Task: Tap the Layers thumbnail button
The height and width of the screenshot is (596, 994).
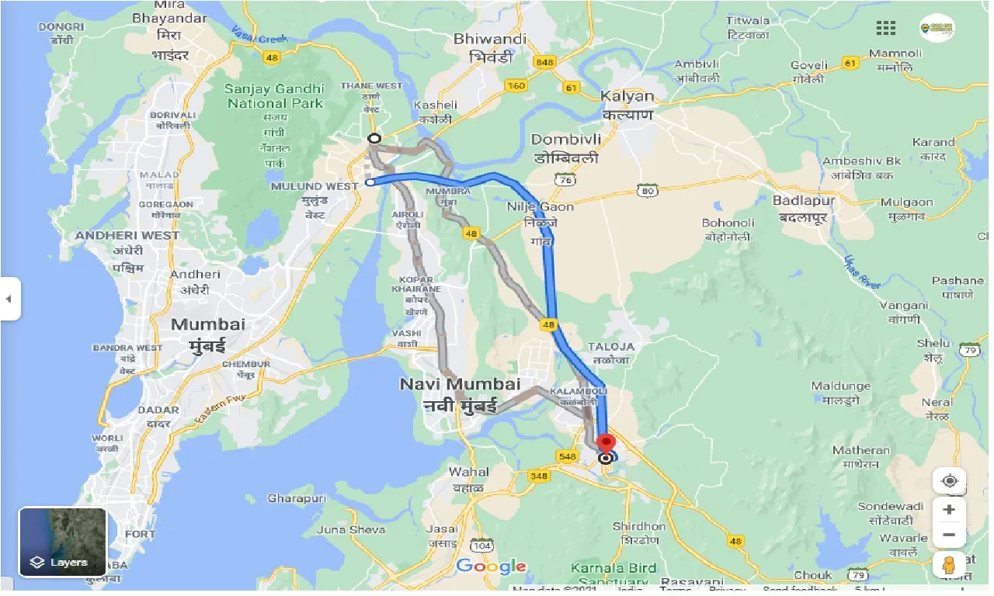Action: coord(63,542)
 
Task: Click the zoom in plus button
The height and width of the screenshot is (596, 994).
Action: coord(949,510)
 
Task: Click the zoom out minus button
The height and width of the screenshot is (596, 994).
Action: coord(949,535)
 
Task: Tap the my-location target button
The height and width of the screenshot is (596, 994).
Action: coord(949,481)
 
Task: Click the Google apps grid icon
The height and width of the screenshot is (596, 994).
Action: coord(886,29)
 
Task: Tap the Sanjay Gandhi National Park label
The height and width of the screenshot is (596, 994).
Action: coord(273,95)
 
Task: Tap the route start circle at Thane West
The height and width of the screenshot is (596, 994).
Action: coord(374,138)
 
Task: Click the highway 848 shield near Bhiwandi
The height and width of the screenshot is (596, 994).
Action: coord(545,63)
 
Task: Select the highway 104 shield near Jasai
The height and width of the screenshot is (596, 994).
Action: coord(482,546)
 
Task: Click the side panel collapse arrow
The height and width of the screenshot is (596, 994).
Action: coord(9,299)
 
